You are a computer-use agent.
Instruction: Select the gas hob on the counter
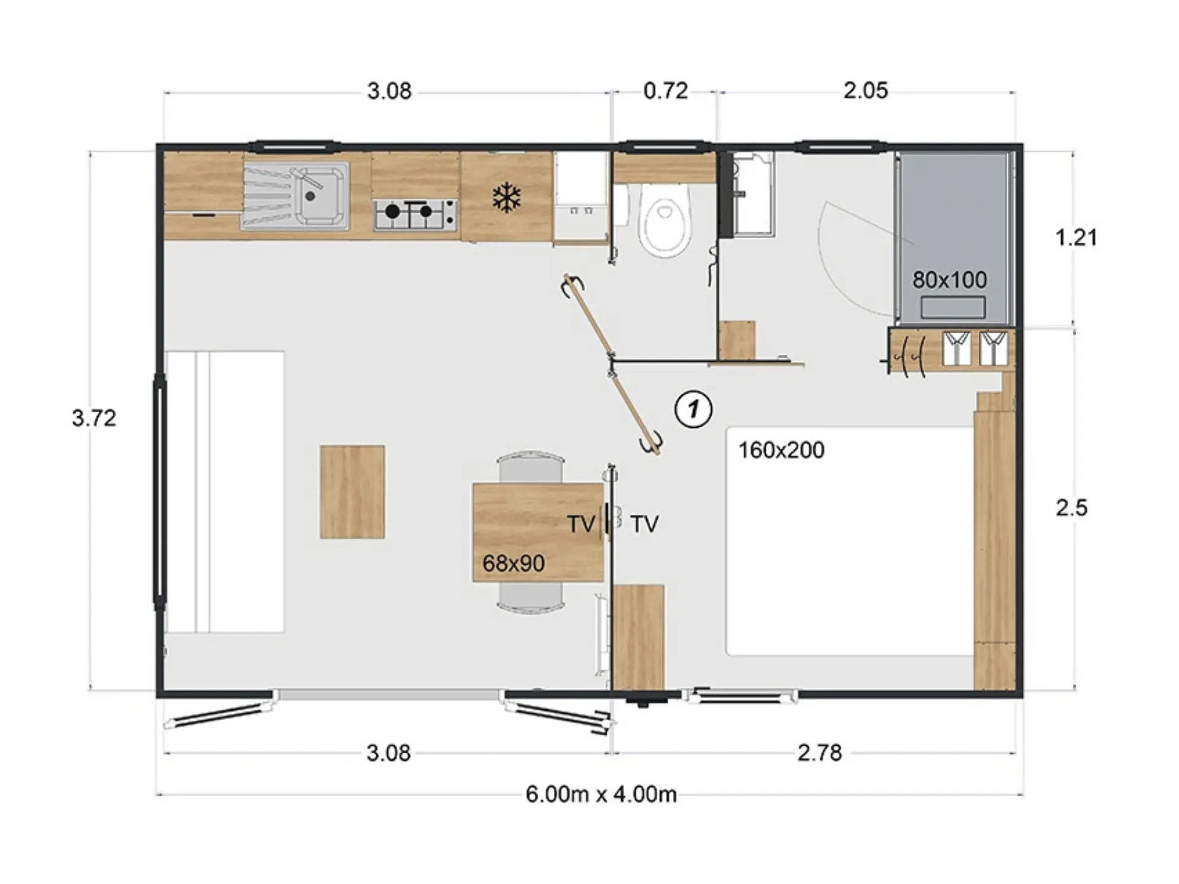point(415,214)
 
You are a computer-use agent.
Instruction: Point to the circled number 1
point(694,409)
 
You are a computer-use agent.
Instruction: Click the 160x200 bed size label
point(781,450)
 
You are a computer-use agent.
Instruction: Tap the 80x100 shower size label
point(949,280)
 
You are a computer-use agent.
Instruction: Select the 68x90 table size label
point(513,563)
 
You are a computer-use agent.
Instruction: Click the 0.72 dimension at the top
point(665,91)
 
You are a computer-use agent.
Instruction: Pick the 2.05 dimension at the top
point(865,91)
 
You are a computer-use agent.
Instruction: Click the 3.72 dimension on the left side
point(93,418)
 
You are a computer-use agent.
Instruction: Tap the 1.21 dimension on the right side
point(1075,238)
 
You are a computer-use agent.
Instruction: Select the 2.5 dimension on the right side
point(1072,508)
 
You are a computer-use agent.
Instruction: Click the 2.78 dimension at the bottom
point(819,753)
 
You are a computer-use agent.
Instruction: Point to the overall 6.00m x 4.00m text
point(601,794)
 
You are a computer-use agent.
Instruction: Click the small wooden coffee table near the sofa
point(352,492)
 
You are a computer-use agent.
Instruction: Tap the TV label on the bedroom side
point(645,524)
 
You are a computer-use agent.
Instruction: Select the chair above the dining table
point(531,467)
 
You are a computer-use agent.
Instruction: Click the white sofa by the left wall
point(225,492)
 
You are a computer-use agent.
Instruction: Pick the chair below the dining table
point(531,597)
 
